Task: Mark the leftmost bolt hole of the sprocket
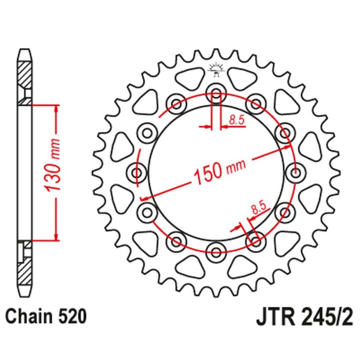(138, 172)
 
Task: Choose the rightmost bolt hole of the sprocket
(295, 172)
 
